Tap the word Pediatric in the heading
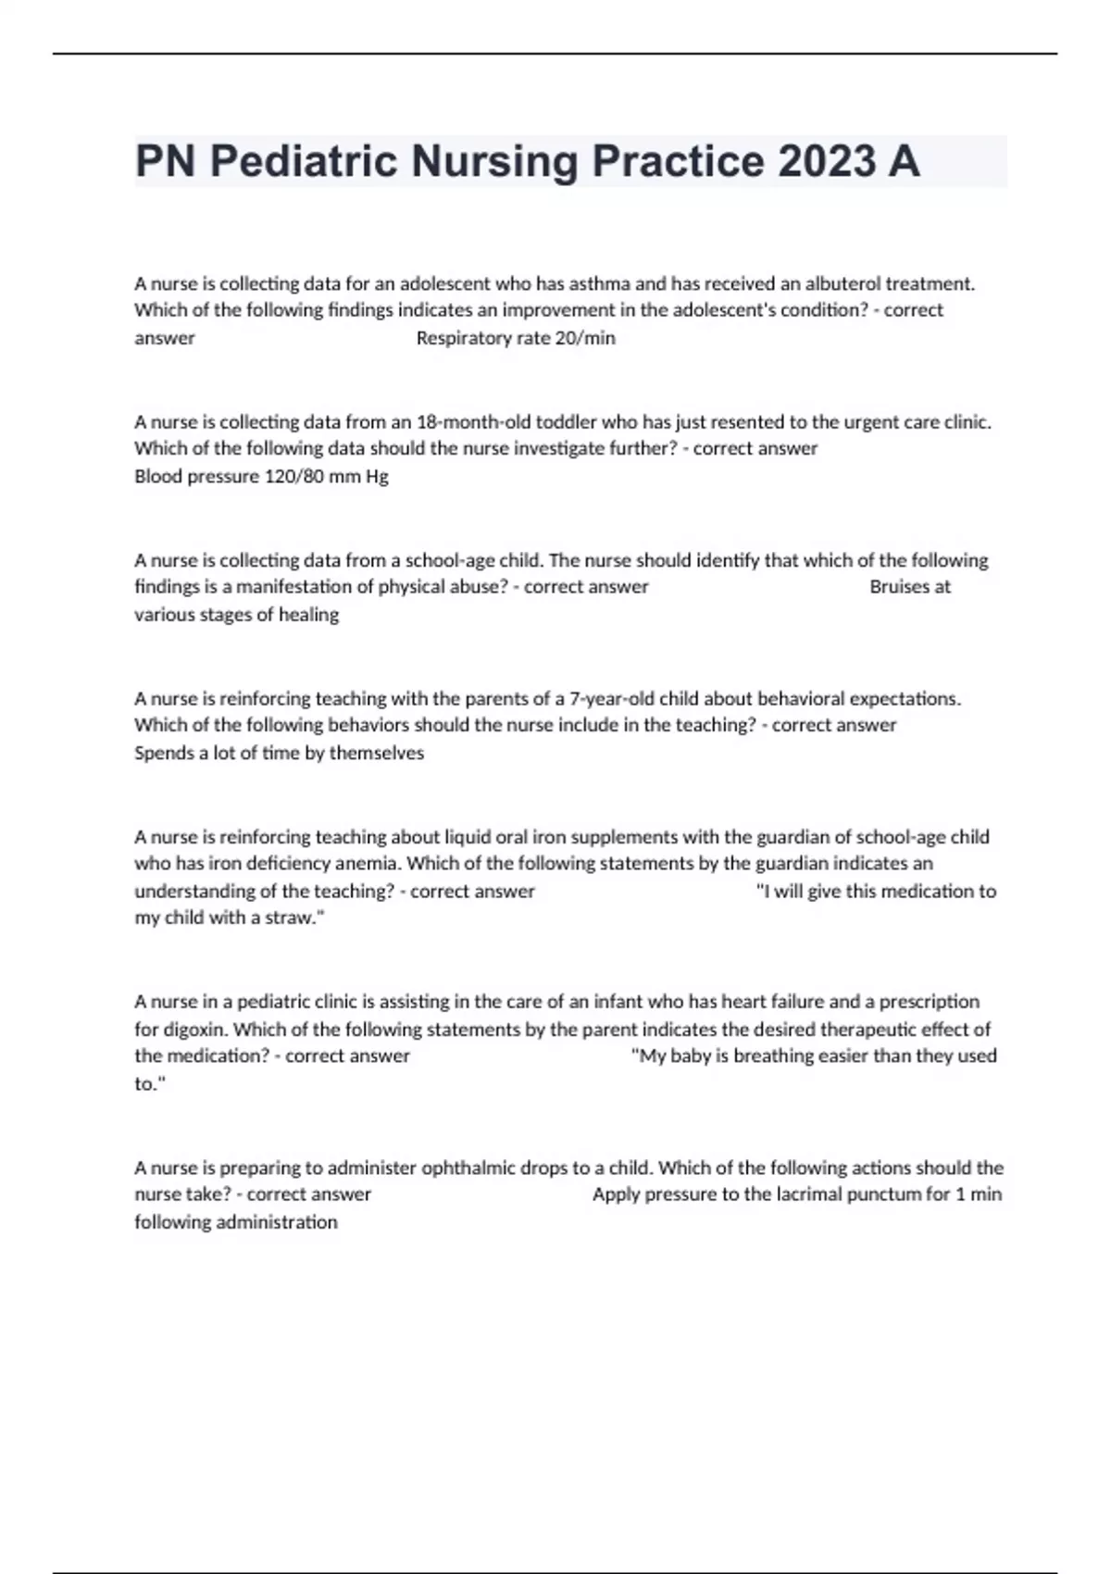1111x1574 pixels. (304, 161)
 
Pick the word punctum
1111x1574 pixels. (883, 1194)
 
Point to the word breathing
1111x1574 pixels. (774, 1056)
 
